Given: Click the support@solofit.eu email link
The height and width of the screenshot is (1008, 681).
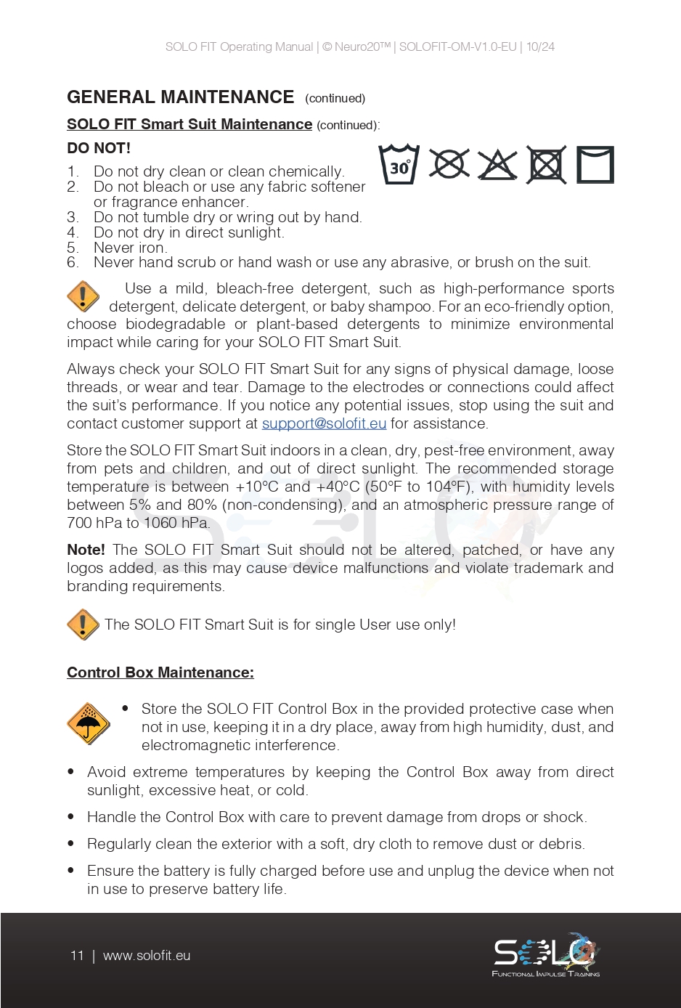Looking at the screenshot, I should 324,423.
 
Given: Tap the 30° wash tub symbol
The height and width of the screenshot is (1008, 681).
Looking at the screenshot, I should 399,165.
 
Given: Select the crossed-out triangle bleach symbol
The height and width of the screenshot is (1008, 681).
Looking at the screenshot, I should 497,165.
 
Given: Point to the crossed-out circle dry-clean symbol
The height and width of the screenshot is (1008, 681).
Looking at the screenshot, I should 449,164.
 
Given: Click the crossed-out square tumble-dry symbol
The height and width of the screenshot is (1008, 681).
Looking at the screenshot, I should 546,165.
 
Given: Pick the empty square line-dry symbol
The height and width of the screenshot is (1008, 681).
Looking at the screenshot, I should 595,165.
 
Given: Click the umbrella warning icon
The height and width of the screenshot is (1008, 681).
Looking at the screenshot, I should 88,723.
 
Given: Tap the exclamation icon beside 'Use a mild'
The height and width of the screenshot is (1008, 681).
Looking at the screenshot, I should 83,296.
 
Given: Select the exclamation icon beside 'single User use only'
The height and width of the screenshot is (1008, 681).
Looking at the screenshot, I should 83,625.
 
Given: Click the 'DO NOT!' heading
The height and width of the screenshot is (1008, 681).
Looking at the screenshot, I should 99,148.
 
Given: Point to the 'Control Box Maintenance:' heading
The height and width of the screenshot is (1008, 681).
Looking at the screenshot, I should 160,672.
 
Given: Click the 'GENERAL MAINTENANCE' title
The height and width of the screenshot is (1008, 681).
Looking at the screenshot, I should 180,97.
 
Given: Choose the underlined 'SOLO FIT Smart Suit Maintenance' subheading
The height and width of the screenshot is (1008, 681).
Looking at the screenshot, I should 189,124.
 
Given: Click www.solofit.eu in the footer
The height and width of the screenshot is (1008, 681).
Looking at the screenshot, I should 147,956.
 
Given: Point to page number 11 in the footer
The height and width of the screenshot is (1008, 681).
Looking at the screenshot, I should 77,956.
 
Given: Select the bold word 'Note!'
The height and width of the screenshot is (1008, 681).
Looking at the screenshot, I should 86,550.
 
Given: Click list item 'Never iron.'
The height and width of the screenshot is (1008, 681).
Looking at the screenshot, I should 130,248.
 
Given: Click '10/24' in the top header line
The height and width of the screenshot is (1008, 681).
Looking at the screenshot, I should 540,47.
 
